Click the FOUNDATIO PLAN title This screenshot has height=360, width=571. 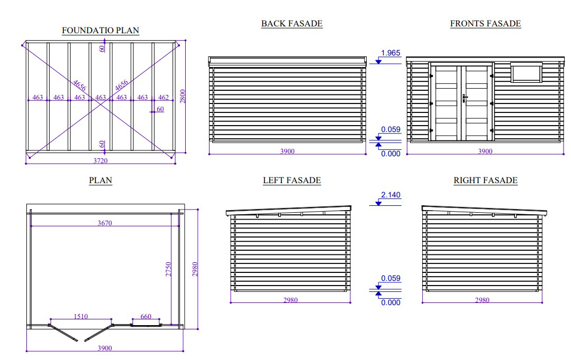(x=100, y=30)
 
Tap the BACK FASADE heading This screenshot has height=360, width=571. (x=292, y=23)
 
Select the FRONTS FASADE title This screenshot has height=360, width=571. (x=486, y=23)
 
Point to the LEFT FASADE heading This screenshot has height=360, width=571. (x=292, y=180)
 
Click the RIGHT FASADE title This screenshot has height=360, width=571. (x=486, y=180)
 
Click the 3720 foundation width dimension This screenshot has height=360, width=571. (x=100, y=160)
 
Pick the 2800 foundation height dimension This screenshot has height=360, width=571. (x=183, y=96)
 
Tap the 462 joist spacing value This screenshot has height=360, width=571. (x=164, y=97)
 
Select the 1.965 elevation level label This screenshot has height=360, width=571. (x=391, y=53)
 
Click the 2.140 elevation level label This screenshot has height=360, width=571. (x=391, y=195)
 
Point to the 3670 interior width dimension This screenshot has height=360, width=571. (x=104, y=223)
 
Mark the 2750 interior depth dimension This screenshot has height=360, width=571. (x=168, y=269)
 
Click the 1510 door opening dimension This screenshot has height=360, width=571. (x=81, y=316)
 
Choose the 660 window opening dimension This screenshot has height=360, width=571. (x=146, y=316)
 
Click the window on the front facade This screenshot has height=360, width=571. (x=526, y=72)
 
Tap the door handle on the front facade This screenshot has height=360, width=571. (x=465, y=98)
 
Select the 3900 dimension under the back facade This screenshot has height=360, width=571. (x=287, y=151)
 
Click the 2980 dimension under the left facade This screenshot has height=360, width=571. (x=291, y=300)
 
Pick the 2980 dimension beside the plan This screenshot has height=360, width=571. (x=195, y=269)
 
